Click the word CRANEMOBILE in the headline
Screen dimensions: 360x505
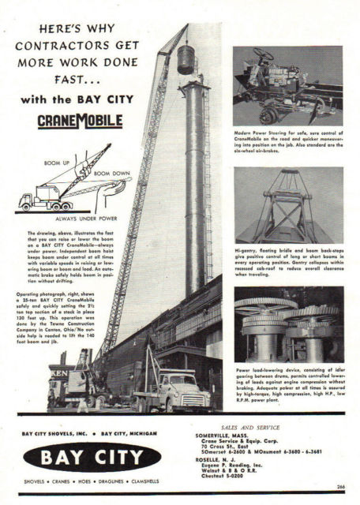coord(80,121)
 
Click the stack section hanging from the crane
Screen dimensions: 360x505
coord(186,59)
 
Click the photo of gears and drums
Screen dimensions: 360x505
coord(287,324)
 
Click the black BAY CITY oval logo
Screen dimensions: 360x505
coord(92,456)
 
